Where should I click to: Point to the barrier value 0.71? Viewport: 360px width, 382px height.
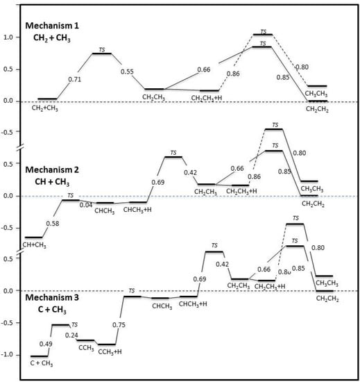pos(76,80)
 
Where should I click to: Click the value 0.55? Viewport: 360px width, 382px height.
pos(126,72)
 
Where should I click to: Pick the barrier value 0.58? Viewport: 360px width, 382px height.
pos(51,223)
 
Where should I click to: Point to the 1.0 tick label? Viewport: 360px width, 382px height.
pos(10,37)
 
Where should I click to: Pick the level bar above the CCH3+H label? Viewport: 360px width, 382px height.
pos(106,344)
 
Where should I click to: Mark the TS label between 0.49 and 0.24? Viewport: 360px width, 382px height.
pos(74,324)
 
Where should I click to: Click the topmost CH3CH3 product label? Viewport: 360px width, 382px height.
pos(316,93)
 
